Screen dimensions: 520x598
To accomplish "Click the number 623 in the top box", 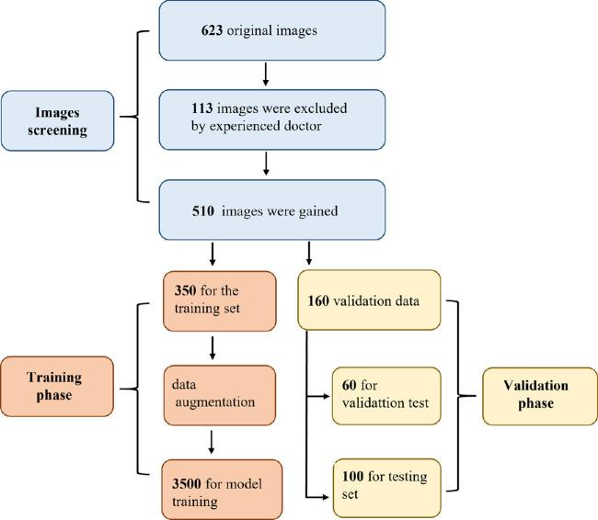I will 213,31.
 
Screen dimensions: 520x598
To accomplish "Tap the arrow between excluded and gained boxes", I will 265,164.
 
